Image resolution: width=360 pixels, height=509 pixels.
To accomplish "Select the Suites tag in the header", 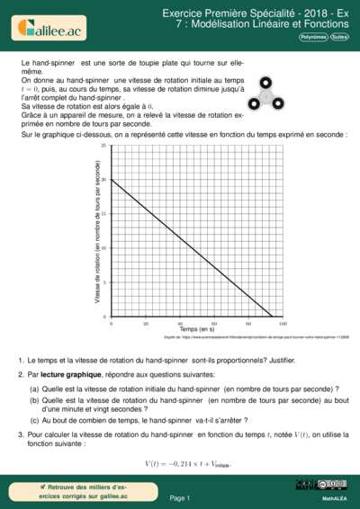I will [x=340, y=38].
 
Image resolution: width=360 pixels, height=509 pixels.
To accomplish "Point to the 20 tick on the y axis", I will [x=103, y=180].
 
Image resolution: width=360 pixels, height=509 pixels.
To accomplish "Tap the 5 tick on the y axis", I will [x=104, y=282].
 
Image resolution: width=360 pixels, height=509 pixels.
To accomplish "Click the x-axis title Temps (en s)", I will [x=197, y=330].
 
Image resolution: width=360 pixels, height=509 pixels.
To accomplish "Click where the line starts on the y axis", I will [x=112, y=180].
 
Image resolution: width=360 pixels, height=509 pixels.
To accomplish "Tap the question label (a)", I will [x=34, y=387].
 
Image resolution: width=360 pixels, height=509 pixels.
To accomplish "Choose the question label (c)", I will [x=34, y=419].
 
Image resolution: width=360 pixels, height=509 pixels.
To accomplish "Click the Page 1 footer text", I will [x=179, y=496].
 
